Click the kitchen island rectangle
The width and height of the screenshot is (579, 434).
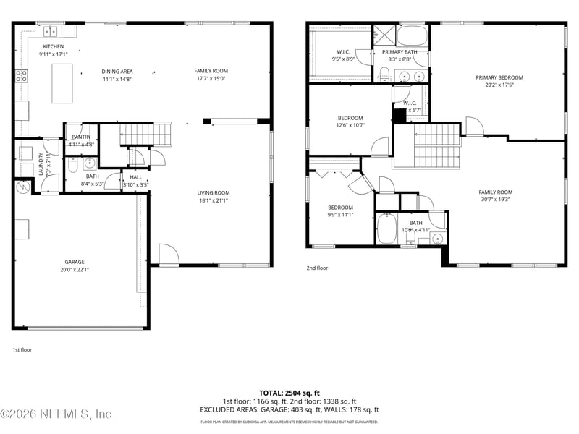[x=63, y=77]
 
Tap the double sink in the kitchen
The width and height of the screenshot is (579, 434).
[x=51, y=31]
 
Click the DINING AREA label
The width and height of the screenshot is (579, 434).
[x=117, y=71]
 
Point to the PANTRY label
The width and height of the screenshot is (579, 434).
[x=81, y=137]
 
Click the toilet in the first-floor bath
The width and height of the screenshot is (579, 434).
[x=72, y=166]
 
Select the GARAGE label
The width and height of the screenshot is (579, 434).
[x=75, y=262]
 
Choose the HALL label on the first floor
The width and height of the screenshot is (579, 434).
[x=136, y=176]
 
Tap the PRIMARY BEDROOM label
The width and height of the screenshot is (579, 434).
[x=499, y=77]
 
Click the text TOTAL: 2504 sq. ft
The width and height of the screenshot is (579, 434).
[x=289, y=392]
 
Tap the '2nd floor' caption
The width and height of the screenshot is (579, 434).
[x=316, y=268]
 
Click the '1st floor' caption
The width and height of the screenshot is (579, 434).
[x=22, y=349]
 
